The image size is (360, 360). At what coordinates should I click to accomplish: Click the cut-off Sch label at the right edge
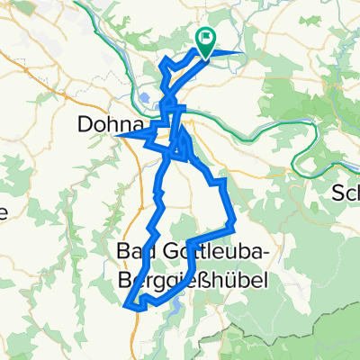(x=346, y=193)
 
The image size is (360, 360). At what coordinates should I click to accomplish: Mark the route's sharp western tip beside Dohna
(x=118, y=136)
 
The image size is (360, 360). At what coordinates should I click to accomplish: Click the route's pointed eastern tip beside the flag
(x=244, y=52)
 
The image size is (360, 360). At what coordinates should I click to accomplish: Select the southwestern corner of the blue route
(x=125, y=304)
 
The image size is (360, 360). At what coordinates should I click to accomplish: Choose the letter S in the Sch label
(x=338, y=193)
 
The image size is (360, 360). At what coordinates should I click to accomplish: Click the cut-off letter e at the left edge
(x=4, y=214)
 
